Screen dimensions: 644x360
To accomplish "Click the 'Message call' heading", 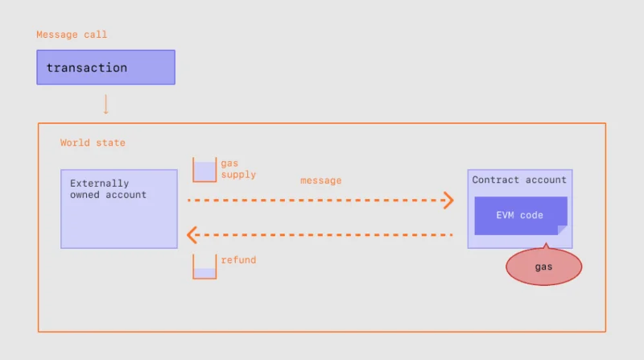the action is [x=72, y=35].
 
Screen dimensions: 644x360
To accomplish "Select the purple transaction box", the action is [x=106, y=68].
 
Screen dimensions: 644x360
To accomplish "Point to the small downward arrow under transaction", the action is [x=106, y=105].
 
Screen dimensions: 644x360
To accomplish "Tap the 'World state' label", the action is [x=93, y=143].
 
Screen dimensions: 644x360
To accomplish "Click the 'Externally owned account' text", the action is [x=108, y=189].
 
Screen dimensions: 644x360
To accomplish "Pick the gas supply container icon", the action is [x=204, y=169].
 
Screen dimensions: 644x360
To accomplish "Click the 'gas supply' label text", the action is [x=238, y=169].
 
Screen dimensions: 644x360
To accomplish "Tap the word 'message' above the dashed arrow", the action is [x=320, y=180].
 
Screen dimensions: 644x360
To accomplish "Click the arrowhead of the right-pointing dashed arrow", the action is [x=448, y=201].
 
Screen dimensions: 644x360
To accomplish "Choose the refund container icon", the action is [x=204, y=267].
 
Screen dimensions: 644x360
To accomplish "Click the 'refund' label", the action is [x=238, y=260].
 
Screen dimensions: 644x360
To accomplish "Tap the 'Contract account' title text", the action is [x=519, y=180].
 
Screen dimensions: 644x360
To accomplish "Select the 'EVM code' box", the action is [x=521, y=216].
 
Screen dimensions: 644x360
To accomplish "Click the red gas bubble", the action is [x=544, y=267].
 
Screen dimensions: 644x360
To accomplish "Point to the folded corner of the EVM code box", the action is [x=562, y=230].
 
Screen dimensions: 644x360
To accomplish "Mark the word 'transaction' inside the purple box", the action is [x=87, y=68].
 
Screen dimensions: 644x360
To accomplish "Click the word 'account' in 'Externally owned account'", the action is [x=126, y=195].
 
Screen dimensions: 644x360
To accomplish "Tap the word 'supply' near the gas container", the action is [x=238, y=175].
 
